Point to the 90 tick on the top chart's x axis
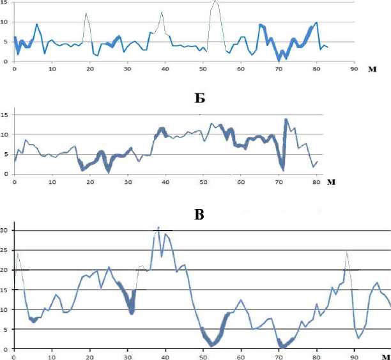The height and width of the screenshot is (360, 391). pyautogui.click(x=353, y=69)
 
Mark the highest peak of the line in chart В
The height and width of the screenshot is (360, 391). pyautogui.click(x=158, y=227)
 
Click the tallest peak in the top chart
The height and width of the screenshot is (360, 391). pyautogui.click(x=215, y=2)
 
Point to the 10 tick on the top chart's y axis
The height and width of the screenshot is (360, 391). pyautogui.click(x=4, y=23)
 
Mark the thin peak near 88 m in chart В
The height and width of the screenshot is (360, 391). pyautogui.click(x=347, y=251)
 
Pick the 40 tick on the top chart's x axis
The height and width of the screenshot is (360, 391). pyautogui.click(x=165, y=69)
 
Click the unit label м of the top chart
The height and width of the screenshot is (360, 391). pyautogui.click(x=372, y=69)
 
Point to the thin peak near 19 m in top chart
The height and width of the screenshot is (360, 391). pyautogui.click(x=86, y=13)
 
